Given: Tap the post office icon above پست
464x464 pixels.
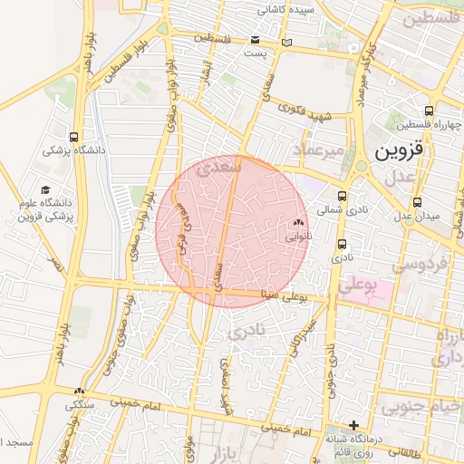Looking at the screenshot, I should [x=256, y=40].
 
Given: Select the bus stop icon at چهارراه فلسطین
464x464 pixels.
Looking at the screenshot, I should [x=428, y=111].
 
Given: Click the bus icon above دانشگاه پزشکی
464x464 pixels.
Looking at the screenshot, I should [x=73, y=136].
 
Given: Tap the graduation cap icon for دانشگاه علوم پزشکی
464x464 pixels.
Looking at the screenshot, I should [x=45, y=189].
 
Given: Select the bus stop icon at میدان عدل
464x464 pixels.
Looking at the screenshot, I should [x=417, y=202].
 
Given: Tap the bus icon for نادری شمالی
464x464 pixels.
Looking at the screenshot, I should [x=343, y=195].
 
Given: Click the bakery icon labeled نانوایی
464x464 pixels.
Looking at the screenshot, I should [x=299, y=221].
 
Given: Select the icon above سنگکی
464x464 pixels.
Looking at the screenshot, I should [x=80, y=391].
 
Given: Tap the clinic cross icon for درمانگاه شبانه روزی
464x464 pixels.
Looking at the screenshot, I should [x=353, y=425].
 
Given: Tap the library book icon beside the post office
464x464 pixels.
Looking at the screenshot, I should [x=287, y=42].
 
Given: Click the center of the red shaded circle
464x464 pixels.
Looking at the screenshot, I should [x=231, y=232].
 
